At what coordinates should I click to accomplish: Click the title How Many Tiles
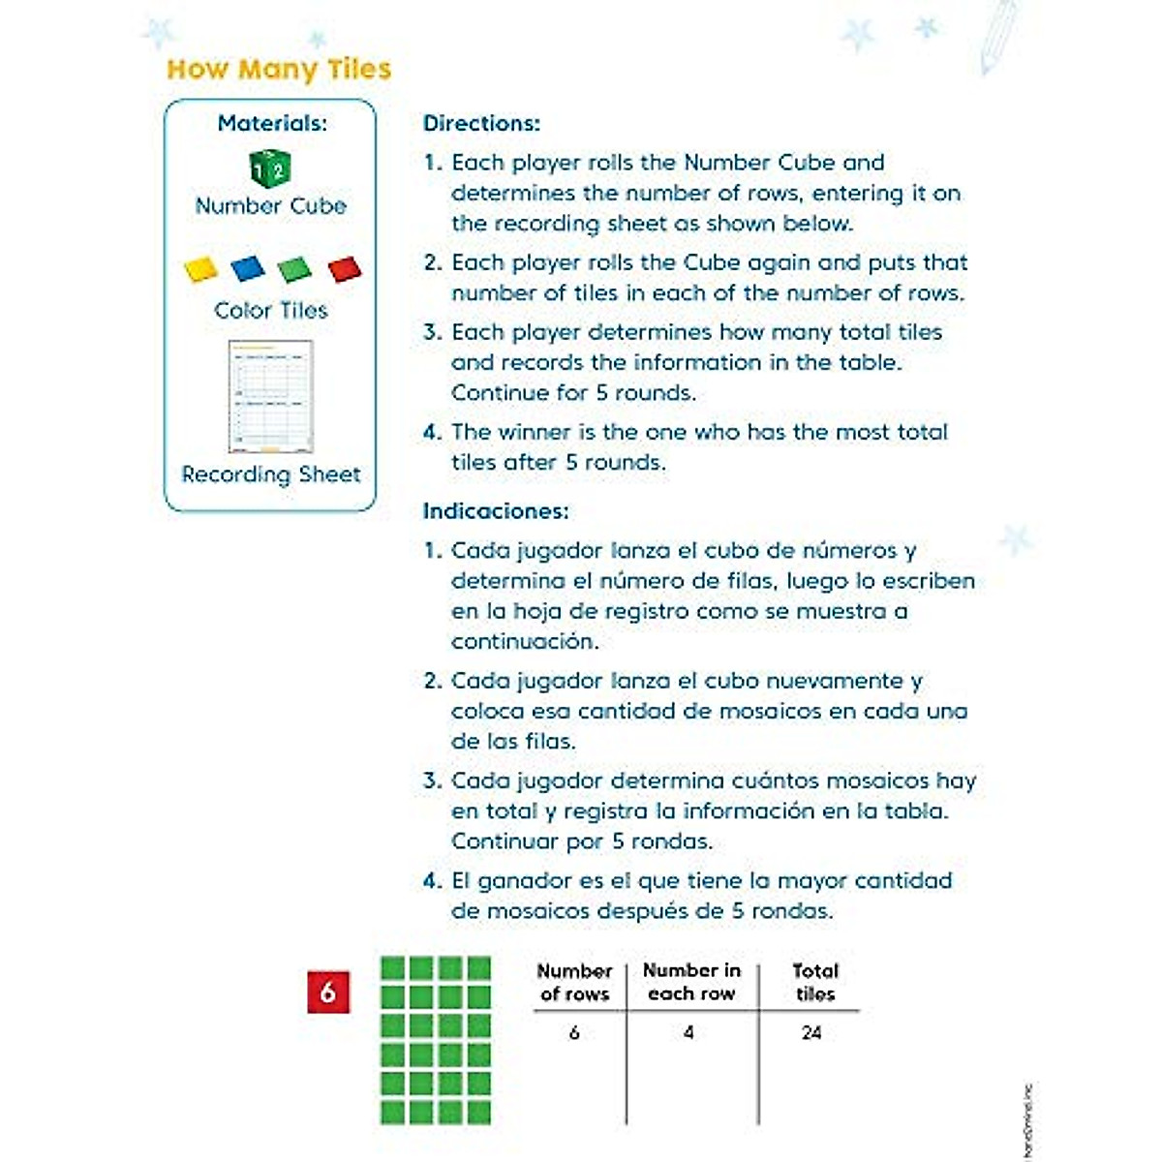click(x=279, y=70)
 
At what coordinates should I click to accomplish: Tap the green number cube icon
click(x=270, y=168)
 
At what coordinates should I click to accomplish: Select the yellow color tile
click(x=201, y=268)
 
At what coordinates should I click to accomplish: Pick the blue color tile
click(x=248, y=267)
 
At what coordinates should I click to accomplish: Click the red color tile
click(x=345, y=268)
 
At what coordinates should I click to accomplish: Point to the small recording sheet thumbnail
click(x=271, y=396)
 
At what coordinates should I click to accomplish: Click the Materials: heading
click(x=272, y=123)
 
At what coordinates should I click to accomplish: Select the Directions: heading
click(x=481, y=123)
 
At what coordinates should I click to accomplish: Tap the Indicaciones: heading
click(x=496, y=510)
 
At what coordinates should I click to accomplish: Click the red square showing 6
click(x=328, y=992)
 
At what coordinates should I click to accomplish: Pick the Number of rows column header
click(x=574, y=982)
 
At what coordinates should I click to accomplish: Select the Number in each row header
click(x=691, y=982)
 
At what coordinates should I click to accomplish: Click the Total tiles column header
click(x=815, y=982)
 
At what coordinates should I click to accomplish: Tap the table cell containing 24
click(x=811, y=1033)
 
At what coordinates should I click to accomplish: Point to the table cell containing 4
click(x=688, y=1033)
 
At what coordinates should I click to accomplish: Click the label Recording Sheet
click(x=271, y=474)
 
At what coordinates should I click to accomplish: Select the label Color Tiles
click(x=271, y=311)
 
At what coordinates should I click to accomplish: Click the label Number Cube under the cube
click(x=271, y=206)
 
